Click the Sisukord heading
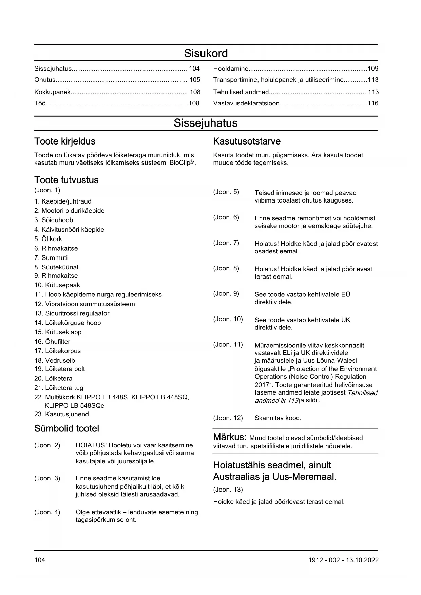[206, 53]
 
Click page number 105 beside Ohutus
[195, 80]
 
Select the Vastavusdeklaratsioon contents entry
[246, 103]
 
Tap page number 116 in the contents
[373, 103]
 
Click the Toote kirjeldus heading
[65, 141]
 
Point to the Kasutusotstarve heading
[247, 141]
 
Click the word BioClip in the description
[179, 163]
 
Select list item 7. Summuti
[51, 258]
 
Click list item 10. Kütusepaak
[57, 285]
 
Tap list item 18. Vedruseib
[55, 361]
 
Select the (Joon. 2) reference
[47, 445]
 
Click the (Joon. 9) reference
[226, 294]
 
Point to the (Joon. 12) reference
[228, 418]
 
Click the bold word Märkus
[229, 437]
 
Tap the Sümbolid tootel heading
[66, 429]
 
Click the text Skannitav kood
[278, 418]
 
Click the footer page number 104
[40, 560]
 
